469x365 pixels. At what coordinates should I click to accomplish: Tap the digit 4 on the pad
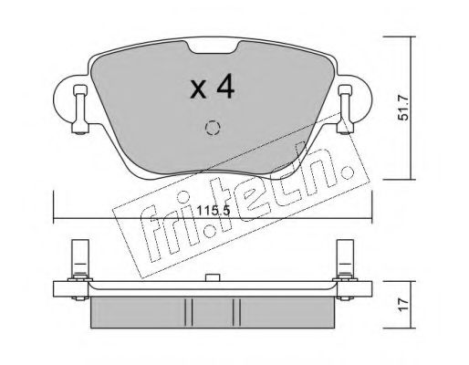227,88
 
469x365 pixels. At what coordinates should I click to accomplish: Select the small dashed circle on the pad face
213,128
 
